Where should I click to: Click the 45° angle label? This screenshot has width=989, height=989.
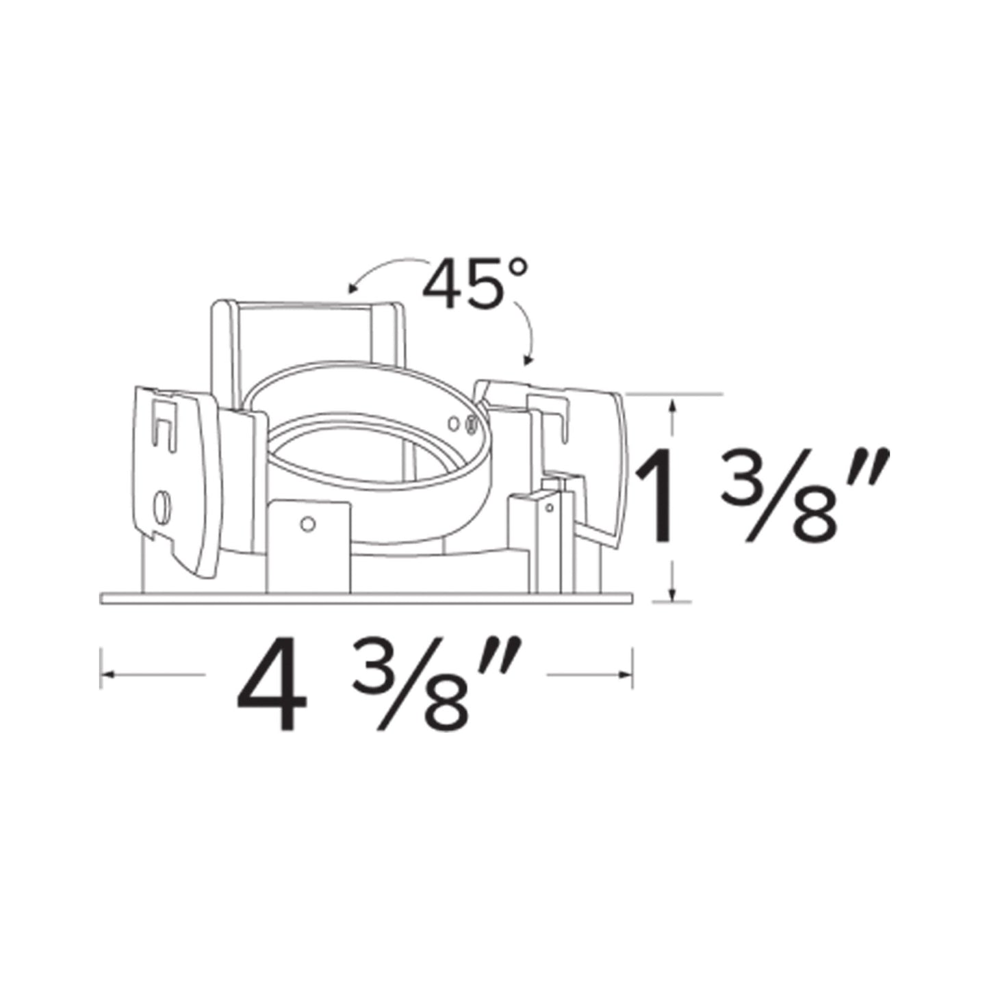coord(474,283)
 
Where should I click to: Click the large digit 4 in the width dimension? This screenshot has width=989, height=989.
coord(272,685)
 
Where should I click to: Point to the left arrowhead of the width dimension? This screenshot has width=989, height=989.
coord(107,676)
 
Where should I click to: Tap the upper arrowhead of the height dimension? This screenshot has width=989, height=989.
coord(674,405)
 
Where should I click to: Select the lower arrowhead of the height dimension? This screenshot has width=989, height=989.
coord(674,593)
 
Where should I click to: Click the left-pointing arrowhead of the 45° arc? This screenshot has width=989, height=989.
coord(352,288)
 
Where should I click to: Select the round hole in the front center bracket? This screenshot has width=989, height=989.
coord(308,524)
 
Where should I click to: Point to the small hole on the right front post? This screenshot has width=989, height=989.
coord(549,508)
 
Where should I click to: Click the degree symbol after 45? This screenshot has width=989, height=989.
coord(518,268)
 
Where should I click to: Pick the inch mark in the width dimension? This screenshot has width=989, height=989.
coord(504,656)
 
